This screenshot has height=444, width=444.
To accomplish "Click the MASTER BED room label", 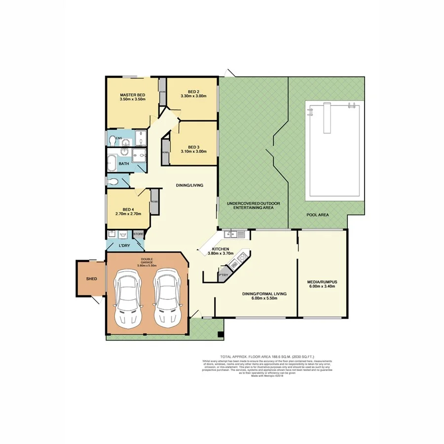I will coord(133,94).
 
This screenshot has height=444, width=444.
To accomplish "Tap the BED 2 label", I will coord(193,91).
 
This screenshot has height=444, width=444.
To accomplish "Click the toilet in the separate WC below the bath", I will coord(113,181).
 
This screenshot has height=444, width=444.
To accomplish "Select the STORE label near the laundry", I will coord(138,234).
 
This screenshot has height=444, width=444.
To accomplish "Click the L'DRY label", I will coord(124,245).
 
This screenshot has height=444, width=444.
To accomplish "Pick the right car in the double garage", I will coord(167,297).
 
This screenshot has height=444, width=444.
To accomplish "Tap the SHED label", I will coord(91,279).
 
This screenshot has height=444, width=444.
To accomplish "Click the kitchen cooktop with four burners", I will coord(242,257).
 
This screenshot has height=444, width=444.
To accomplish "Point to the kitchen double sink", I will coord(231,234).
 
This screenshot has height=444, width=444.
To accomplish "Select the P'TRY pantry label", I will coord(223,275).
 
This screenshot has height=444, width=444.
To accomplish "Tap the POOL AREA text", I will coord(317,215).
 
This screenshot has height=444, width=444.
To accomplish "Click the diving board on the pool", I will coord(326,117).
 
